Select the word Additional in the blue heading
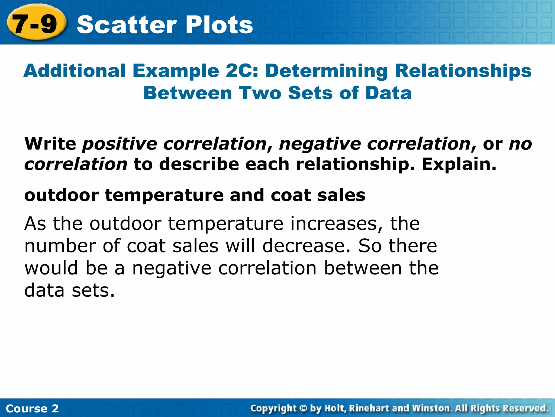75,71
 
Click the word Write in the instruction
50,144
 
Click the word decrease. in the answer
306,246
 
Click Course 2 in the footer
32,408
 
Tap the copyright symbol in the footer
303,408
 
